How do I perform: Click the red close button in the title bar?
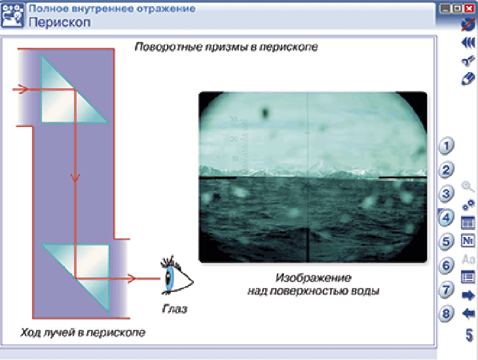point(469,9)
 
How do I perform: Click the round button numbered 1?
point(446,146)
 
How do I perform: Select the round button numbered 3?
point(446,194)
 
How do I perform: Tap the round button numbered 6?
point(446,266)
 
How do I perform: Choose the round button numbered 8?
point(446,314)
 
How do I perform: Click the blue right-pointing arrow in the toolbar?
point(469,295)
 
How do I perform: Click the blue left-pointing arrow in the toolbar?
point(469,314)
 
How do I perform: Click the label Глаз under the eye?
point(175,309)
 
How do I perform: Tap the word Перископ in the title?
point(60,22)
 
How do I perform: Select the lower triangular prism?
point(75,278)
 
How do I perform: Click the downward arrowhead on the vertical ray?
point(75,178)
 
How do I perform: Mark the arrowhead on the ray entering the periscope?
point(23,89)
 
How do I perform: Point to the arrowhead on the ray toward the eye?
point(131,278)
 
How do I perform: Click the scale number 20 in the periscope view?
point(234,139)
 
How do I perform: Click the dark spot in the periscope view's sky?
point(265,113)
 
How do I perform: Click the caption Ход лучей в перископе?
point(83,333)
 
